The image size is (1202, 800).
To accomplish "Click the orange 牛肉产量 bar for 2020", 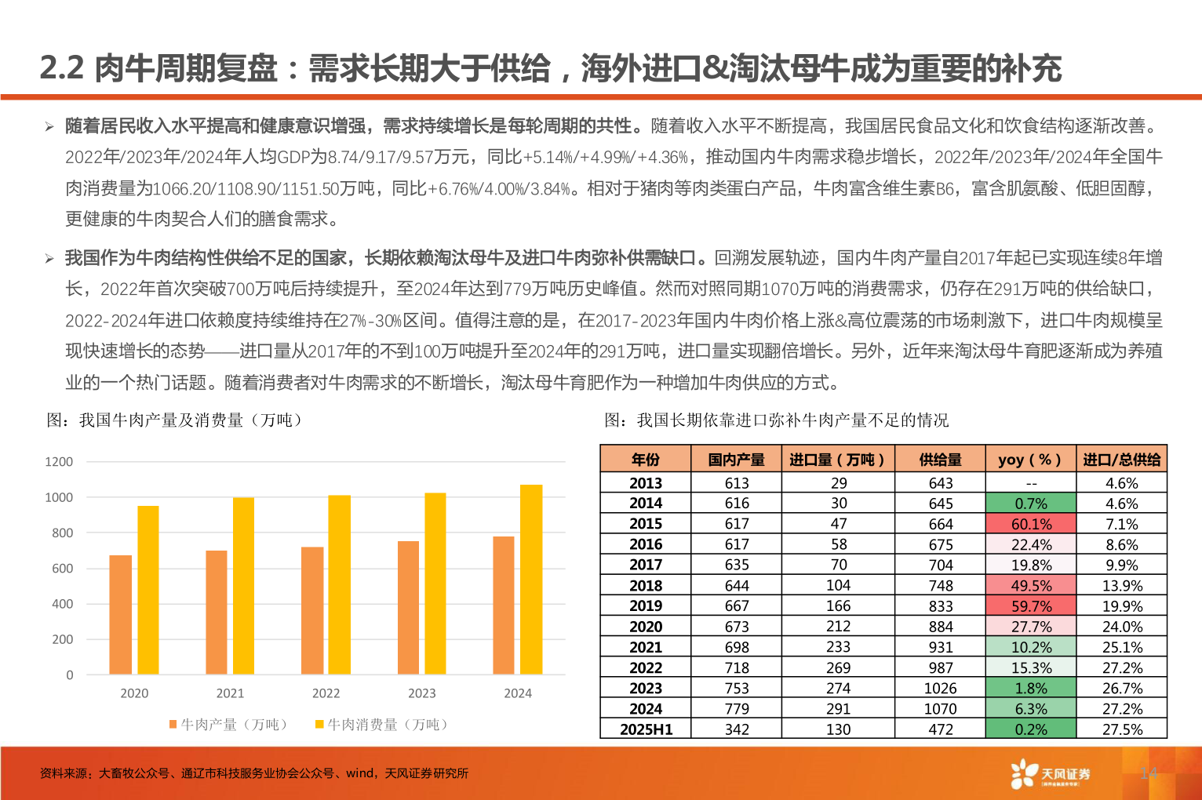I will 120,615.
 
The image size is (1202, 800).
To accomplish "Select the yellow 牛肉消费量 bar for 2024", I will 531,580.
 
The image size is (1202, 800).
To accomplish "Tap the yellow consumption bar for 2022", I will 339,584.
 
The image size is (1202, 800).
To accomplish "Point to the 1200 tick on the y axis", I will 59,462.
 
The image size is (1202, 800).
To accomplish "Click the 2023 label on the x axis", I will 421,693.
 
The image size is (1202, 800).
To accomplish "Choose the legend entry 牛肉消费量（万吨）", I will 382,725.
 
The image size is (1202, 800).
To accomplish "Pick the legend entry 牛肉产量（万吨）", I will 228,725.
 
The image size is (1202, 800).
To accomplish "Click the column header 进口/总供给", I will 1121,460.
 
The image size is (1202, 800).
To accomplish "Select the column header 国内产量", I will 736,460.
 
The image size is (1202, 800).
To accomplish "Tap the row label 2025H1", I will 646,729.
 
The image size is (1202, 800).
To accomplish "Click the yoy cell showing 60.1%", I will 1031,524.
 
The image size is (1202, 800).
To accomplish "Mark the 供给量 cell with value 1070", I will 940,709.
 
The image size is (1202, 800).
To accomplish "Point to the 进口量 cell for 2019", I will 838,606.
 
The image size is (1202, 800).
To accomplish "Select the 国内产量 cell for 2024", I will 736,709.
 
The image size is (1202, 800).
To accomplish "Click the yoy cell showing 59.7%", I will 1031,606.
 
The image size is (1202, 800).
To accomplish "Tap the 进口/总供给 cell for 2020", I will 1121,627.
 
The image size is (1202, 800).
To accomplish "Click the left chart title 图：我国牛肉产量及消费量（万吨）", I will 174,420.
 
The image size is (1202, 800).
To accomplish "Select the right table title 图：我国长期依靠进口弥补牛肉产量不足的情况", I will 776,420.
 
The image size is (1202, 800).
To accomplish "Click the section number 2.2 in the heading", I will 61,69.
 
